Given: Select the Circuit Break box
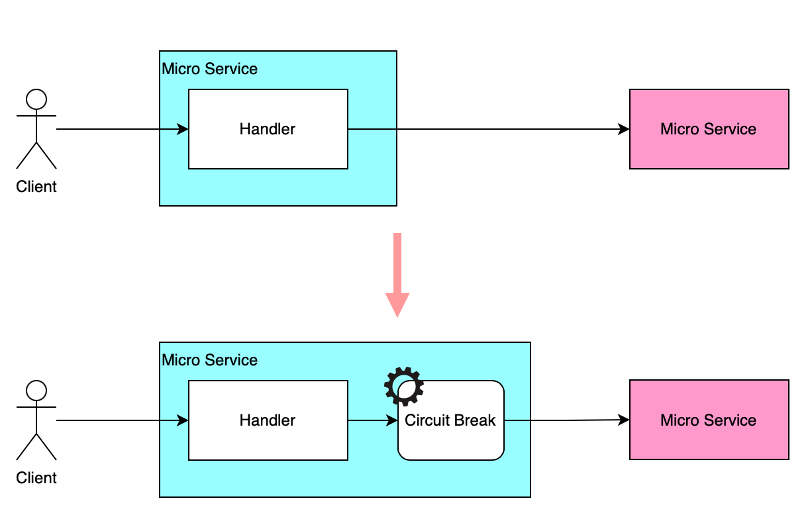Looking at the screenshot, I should [450, 440].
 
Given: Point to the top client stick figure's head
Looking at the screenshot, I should [36, 100].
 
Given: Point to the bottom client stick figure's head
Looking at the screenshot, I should [36, 391].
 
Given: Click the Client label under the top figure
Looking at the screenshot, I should [36, 187].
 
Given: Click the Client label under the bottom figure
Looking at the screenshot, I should [36, 478].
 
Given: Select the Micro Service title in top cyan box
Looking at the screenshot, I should [210, 69].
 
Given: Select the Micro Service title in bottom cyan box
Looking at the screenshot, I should [210, 360].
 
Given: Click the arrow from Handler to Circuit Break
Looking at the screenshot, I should [371, 420].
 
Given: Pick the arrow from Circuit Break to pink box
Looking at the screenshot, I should [563, 420].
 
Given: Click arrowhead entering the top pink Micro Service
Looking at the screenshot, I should [624, 129].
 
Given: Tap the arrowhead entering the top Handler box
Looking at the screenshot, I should [183, 129].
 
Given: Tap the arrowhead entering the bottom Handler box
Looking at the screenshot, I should [183, 420].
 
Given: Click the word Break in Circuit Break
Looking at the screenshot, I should [476, 420].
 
